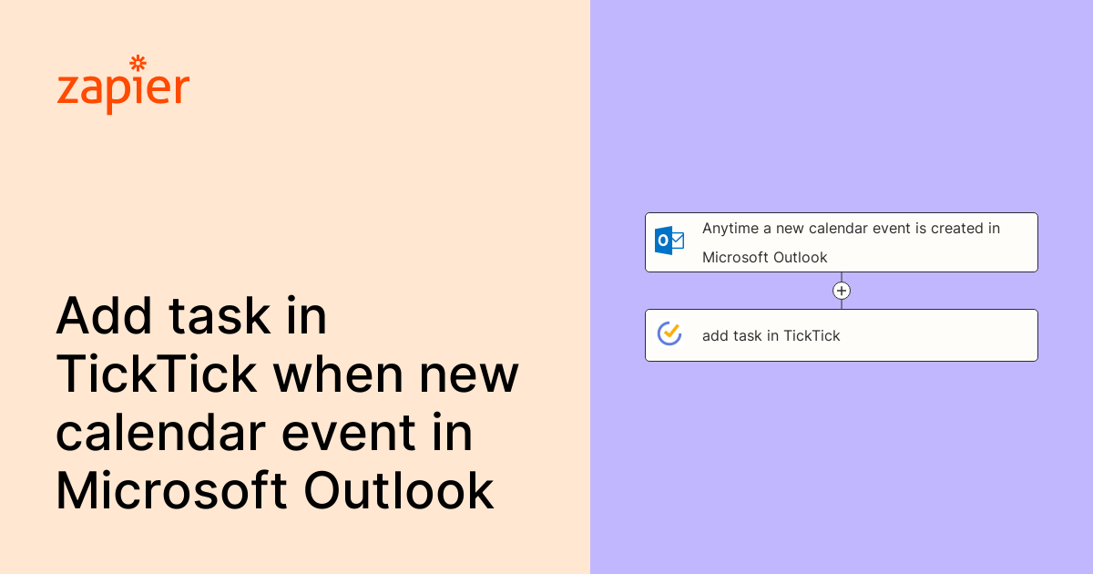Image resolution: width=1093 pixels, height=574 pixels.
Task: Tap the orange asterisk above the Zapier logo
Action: point(138,63)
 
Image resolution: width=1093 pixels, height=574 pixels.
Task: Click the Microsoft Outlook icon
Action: point(669,241)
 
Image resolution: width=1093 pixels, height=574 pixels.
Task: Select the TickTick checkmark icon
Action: point(669,334)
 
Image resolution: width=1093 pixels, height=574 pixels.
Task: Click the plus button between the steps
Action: point(842,291)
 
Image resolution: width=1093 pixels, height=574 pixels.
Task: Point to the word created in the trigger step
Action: point(956,229)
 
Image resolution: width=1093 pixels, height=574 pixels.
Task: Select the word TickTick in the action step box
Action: point(812,336)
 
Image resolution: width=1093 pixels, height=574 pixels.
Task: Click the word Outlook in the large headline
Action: point(399,491)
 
